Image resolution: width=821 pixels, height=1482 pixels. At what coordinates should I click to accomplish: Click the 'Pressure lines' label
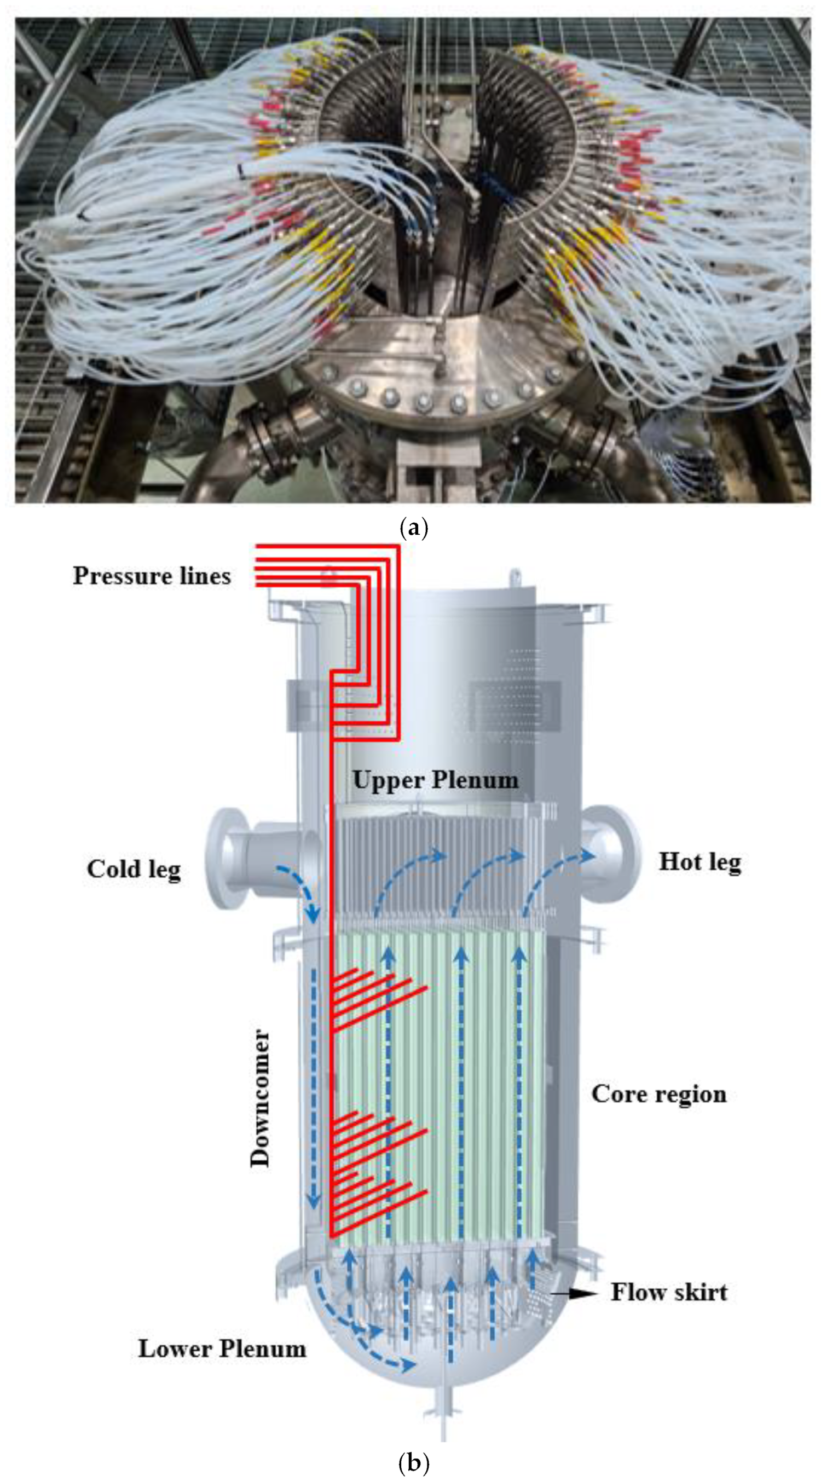click(x=152, y=576)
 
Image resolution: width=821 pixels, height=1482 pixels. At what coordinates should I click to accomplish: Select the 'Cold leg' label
click(x=134, y=869)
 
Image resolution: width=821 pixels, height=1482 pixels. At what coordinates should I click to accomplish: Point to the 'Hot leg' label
click(x=699, y=862)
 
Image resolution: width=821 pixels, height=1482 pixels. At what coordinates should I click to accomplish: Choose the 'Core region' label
click(x=659, y=1093)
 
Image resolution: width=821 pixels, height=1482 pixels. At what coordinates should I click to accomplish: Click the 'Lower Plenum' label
click(x=222, y=1349)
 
